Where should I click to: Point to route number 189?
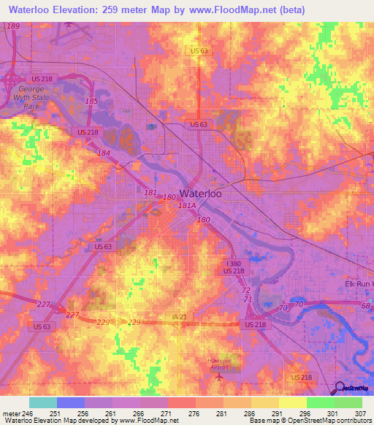click(12, 26)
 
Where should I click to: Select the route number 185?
click(91, 101)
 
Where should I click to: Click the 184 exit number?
click(104, 153)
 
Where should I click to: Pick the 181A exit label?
click(187, 207)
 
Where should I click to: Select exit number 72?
click(246, 291)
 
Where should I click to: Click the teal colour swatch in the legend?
click(42, 402)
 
